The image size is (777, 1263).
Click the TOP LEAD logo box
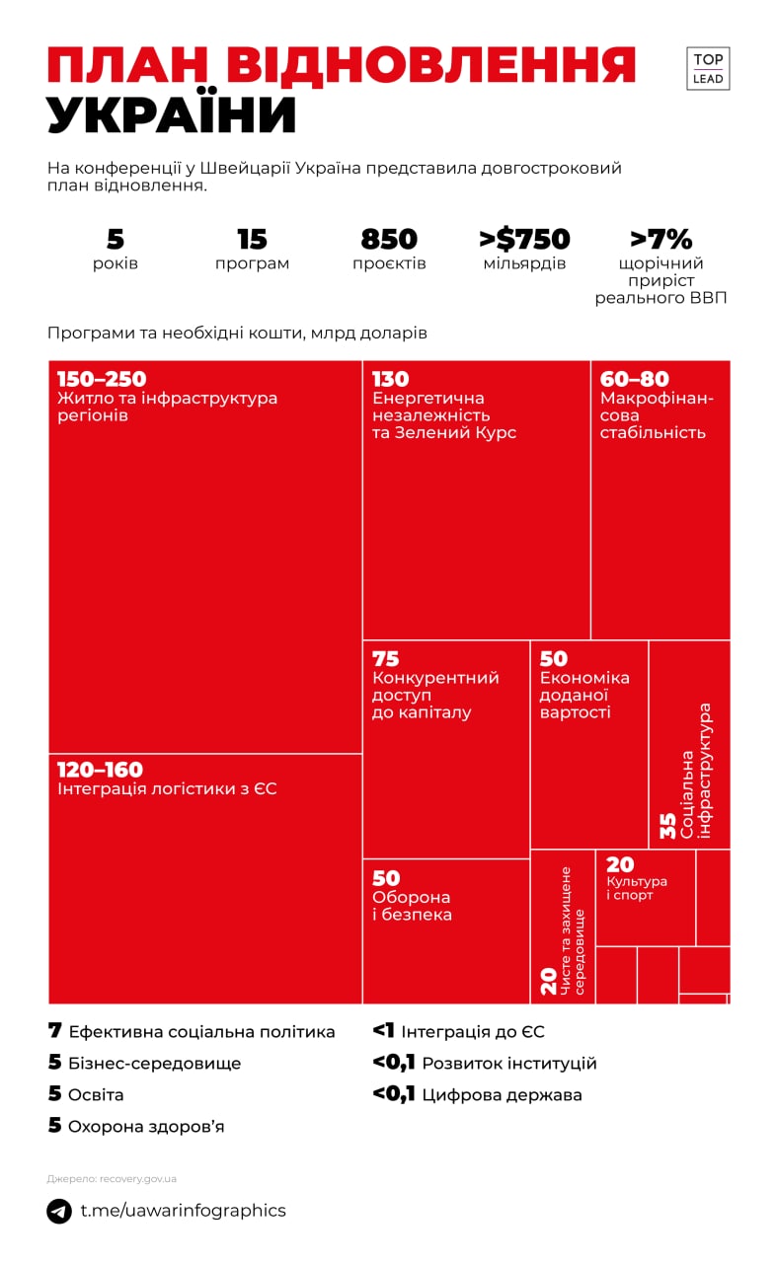[x=708, y=68]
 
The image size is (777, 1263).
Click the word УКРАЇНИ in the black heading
[x=172, y=116]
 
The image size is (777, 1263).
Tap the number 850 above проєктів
[x=389, y=240]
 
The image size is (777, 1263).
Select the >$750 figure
[x=524, y=240]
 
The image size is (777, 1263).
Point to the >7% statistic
[x=660, y=240]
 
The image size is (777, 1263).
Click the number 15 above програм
[x=253, y=240]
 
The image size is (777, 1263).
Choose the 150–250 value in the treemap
[x=102, y=380]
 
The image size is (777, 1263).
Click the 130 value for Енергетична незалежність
[x=391, y=380]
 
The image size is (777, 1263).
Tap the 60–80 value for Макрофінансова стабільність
[x=635, y=380]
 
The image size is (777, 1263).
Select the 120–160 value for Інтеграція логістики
[x=100, y=770]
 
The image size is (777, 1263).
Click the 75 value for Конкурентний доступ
[x=386, y=658]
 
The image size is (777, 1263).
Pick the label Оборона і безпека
[x=412, y=906]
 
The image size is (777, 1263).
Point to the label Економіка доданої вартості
[x=584, y=695]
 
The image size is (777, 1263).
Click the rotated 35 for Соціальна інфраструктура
[x=668, y=825]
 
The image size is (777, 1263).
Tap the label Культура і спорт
[x=637, y=888]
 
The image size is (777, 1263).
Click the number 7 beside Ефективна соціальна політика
[x=55, y=1031]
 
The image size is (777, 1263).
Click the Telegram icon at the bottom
[x=59, y=1211]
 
